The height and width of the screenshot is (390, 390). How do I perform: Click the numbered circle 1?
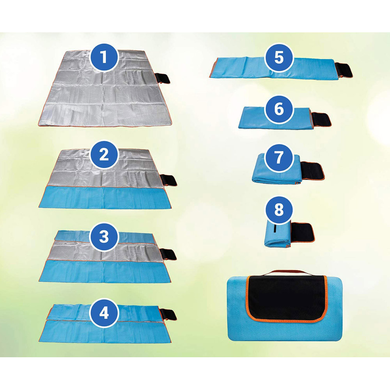click(x=104, y=57)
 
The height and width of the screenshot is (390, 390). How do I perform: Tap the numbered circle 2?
click(x=104, y=155)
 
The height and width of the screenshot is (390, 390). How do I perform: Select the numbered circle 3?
click(x=104, y=237)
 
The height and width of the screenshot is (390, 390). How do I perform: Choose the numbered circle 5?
click(x=279, y=58)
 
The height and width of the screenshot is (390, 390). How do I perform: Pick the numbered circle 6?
click(x=279, y=109)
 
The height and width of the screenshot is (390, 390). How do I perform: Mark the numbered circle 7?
click(x=279, y=158)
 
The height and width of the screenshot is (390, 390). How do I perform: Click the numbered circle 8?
click(x=278, y=210)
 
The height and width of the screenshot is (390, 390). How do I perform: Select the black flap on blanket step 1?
click(x=163, y=78)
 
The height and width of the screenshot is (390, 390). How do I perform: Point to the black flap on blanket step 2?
click(x=170, y=181)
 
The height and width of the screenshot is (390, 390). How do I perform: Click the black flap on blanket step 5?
click(x=345, y=71)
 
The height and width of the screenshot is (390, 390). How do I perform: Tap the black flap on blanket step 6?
click(x=322, y=119)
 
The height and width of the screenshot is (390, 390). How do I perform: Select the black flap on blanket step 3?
click(x=170, y=255)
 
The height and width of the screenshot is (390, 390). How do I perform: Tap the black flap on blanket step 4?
click(x=170, y=314)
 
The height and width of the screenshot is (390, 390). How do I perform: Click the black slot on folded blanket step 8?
click(x=275, y=229)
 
